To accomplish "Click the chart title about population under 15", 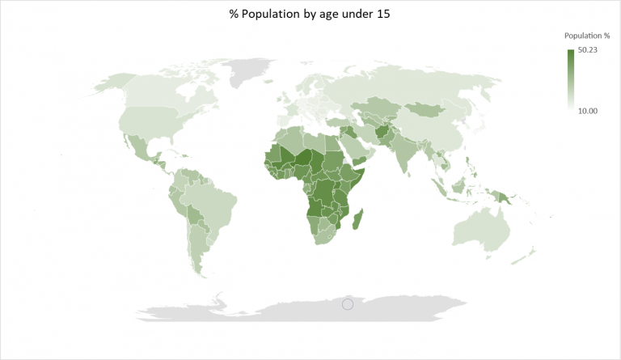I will click(x=310, y=15).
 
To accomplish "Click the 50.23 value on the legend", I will click(x=587, y=51).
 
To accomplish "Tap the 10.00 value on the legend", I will click(x=587, y=110).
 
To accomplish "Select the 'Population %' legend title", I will click(x=587, y=36).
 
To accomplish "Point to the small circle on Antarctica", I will click(x=348, y=304).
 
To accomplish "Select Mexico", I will click(x=140, y=146).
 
